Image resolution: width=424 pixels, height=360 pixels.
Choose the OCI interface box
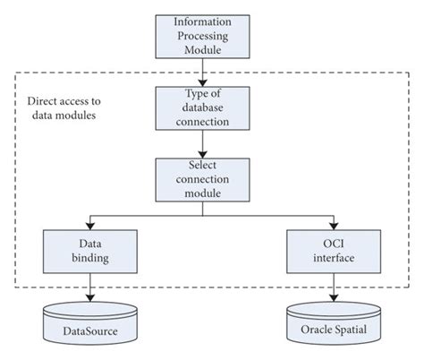[335, 252]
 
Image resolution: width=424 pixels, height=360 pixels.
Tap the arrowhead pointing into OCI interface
[335, 225]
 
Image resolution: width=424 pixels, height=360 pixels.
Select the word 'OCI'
[335, 244]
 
